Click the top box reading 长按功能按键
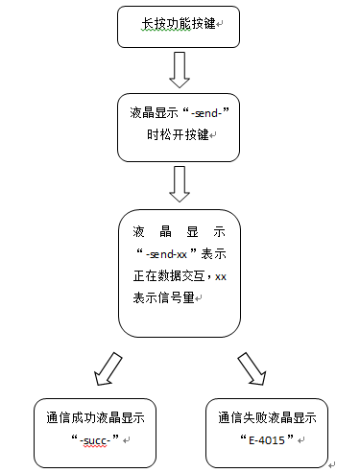179,27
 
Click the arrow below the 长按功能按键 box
179,70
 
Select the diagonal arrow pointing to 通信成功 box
105,367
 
